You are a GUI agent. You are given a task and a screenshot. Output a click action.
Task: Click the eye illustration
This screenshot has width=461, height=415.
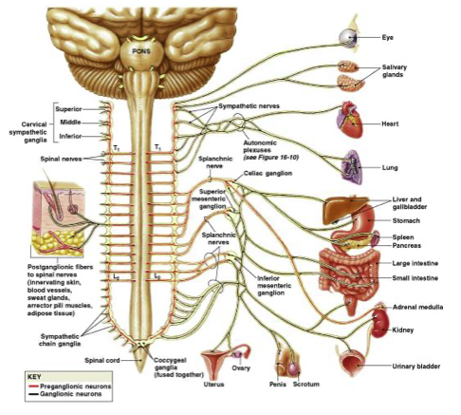(x=349, y=38)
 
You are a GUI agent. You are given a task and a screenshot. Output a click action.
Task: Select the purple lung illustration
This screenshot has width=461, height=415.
(x=353, y=167)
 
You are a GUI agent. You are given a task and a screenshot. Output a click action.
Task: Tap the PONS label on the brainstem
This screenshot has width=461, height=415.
(x=141, y=51)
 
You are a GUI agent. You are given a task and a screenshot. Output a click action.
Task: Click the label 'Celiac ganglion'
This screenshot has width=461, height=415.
(x=267, y=174)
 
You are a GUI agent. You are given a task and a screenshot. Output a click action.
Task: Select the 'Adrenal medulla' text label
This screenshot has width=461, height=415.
(x=417, y=307)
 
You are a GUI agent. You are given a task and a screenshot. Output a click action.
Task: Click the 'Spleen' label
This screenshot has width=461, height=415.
(x=403, y=237)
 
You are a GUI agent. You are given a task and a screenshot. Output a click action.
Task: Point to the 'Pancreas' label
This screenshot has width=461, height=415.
(x=407, y=246)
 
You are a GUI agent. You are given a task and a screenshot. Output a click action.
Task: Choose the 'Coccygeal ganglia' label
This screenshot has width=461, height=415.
(x=170, y=364)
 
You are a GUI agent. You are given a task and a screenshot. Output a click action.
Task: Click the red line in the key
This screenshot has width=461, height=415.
(x=33, y=387)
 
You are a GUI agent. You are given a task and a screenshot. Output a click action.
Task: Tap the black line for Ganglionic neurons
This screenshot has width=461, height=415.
(x=33, y=394)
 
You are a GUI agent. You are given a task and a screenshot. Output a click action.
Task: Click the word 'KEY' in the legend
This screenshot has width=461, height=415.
(x=34, y=377)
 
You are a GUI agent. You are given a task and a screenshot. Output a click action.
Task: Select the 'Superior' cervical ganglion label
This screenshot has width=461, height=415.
(x=68, y=109)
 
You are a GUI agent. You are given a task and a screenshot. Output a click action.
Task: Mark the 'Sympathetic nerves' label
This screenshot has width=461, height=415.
(x=249, y=106)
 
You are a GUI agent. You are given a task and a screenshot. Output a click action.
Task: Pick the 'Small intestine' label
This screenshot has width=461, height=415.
(x=415, y=278)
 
